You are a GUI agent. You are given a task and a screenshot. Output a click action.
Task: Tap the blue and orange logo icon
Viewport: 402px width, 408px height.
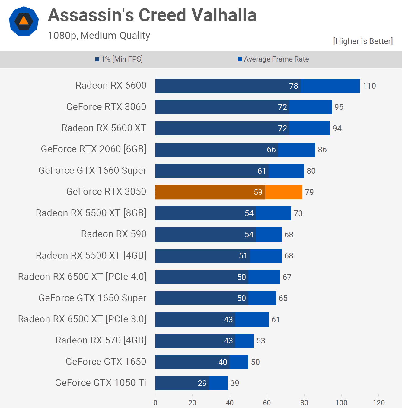pyautogui.click(x=24, y=21)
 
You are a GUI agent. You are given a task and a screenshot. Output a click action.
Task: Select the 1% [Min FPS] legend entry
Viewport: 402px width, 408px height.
pyautogui.click(x=119, y=59)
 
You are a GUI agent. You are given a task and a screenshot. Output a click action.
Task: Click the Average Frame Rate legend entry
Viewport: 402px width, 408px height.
pyautogui.click(x=273, y=59)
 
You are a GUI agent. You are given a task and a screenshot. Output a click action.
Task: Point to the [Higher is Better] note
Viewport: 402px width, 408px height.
pyautogui.click(x=363, y=41)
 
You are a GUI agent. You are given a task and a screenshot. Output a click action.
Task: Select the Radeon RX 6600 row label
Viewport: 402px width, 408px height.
pyautogui.click(x=111, y=86)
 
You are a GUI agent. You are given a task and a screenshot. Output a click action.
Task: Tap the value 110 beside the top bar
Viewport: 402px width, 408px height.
pyautogui.click(x=369, y=86)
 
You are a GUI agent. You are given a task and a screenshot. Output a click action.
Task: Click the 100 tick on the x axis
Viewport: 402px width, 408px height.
pyautogui.click(x=341, y=403)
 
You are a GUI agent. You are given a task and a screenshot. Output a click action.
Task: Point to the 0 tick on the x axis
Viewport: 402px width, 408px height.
pyautogui.click(x=155, y=403)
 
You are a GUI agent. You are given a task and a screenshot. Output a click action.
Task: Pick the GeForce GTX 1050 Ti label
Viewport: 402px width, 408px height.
pyautogui.click(x=101, y=383)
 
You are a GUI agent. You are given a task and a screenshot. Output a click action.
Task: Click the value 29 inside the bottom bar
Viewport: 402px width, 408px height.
pyautogui.click(x=202, y=383)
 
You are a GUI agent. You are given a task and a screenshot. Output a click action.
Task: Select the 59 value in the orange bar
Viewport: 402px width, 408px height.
pyautogui.click(x=258, y=192)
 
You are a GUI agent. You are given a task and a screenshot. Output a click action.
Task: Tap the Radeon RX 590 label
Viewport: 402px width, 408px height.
pyautogui.click(x=113, y=234)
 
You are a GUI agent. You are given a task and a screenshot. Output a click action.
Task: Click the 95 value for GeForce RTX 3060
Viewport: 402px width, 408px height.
pyautogui.click(x=339, y=107)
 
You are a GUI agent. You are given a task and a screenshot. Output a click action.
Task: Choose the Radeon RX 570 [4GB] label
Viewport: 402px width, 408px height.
pyautogui.click(x=101, y=340)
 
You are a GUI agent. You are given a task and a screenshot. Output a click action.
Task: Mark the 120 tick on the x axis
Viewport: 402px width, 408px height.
pyautogui.click(x=378, y=403)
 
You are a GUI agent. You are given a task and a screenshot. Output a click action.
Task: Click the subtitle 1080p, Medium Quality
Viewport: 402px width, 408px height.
pyautogui.click(x=99, y=36)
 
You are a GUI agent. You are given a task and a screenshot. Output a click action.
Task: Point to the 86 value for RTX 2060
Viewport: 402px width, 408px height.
pyautogui.click(x=322, y=150)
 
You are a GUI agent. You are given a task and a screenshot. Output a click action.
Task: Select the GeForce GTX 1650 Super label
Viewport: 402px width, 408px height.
pyautogui.click(x=92, y=298)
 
